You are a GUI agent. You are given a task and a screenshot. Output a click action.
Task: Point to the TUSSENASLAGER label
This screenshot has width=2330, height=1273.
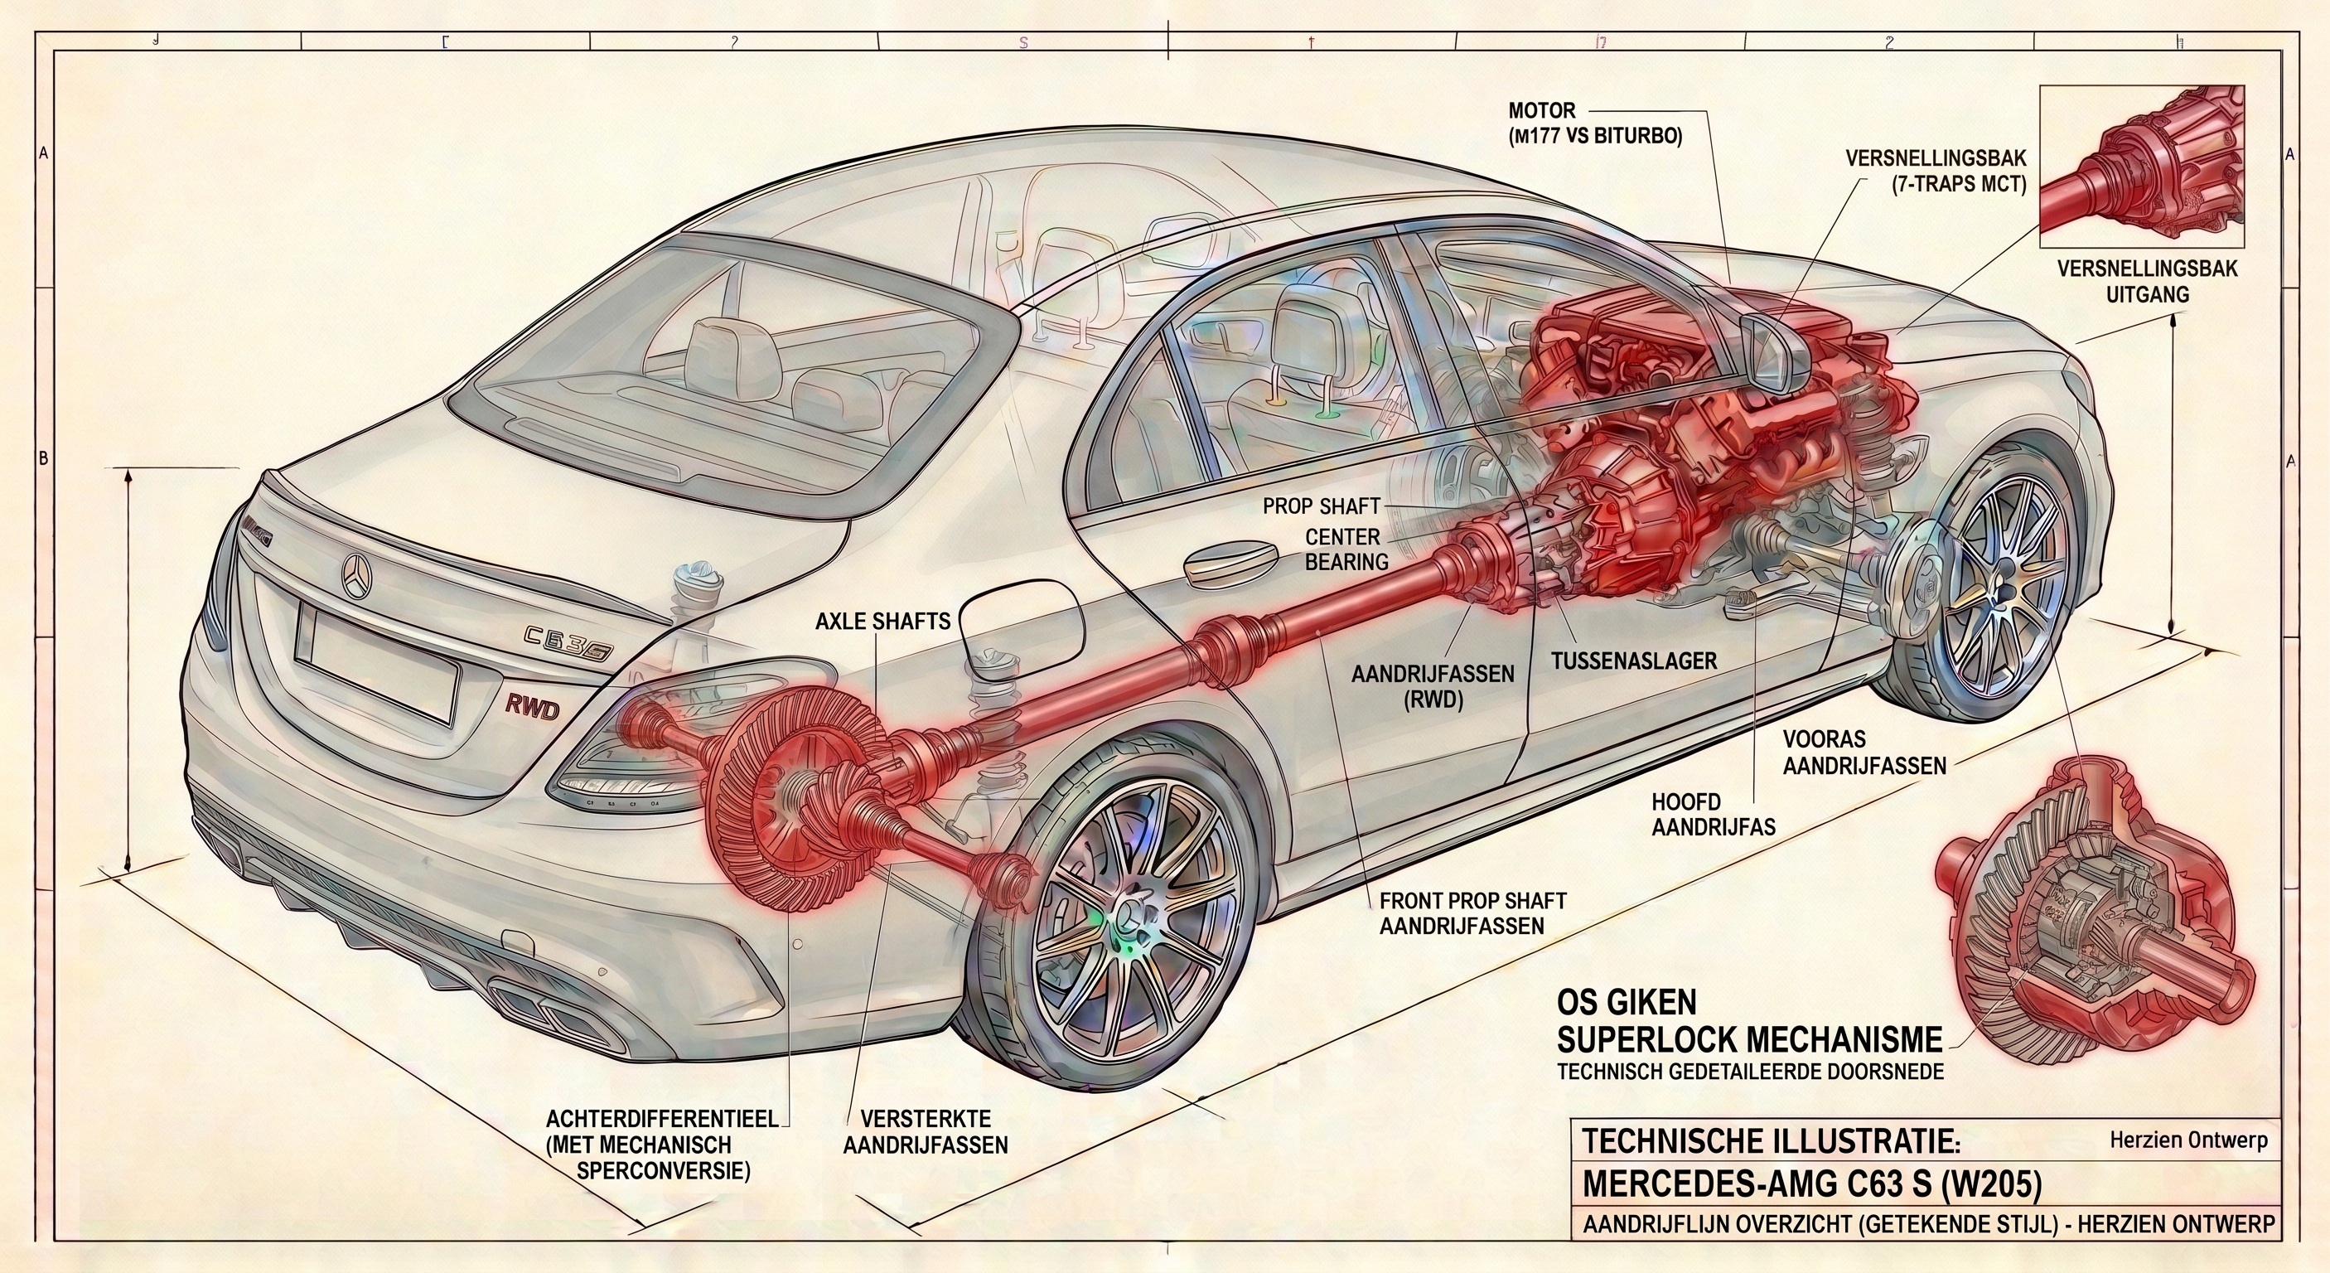coord(1633,661)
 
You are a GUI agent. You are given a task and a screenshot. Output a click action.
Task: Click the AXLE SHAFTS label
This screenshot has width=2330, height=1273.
coord(882,621)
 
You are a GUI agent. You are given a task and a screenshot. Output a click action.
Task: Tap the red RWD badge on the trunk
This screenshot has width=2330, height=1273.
coord(532,708)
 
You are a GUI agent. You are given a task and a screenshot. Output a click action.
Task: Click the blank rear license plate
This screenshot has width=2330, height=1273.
coord(375,664)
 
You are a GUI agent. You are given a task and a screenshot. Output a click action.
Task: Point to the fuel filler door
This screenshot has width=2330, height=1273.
coord(1021,629)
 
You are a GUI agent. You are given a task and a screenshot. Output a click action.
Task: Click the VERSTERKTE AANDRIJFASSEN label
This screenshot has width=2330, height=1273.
coord(926,1131)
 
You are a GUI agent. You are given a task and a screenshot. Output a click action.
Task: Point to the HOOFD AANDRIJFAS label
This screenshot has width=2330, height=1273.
coord(1712,815)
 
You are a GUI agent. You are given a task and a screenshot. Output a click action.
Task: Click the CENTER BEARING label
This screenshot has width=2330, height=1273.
coord(1346,549)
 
